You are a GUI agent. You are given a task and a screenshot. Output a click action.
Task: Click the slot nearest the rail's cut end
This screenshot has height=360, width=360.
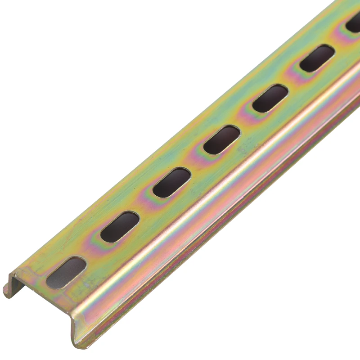point(66,272)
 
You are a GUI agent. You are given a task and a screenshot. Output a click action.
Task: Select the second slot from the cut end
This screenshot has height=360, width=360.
point(119,226)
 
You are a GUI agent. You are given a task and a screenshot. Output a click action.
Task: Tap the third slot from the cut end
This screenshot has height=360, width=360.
point(171,182)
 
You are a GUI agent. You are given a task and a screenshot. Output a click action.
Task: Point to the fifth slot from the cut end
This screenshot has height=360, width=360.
point(270,98)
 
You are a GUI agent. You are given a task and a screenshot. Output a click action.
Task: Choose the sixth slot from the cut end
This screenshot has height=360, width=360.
point(317,58)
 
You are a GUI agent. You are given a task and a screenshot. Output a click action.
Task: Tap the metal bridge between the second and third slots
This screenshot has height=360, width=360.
point(145,205)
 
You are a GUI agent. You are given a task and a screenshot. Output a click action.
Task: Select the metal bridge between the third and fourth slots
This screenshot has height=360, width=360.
point(196,162)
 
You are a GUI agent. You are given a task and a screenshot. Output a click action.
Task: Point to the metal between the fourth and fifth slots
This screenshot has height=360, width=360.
point(246,119)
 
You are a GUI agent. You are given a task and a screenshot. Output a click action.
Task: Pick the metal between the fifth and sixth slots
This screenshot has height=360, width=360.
point(293,79)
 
